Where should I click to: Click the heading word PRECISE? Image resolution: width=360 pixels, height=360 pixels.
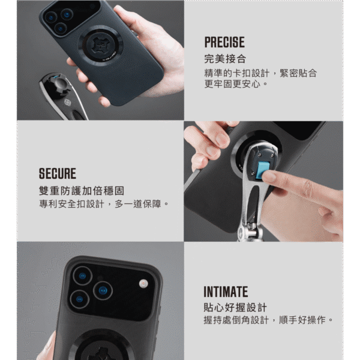[x=224, y=42]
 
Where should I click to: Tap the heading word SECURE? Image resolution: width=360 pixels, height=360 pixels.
[x=58, y=173]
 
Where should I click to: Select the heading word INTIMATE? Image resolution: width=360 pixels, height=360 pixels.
[x=226, y=292]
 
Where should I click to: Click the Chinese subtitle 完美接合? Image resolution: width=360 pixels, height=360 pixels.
[x=225, y=59]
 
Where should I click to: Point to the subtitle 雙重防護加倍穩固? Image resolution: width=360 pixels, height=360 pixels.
[x=82, y=191]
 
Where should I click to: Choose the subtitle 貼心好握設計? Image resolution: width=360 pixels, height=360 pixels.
[x=235, y=307]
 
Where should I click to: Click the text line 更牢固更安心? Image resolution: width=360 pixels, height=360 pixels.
[x=236, y=84]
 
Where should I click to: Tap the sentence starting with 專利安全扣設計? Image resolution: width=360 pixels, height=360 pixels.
[x=104, y=204]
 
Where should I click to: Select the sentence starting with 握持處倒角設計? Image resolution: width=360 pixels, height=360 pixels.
[x=268, y=320]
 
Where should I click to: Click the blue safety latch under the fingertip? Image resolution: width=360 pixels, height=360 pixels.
[x=263, y=171]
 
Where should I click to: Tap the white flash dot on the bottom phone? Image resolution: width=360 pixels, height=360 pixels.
[x=143, y=284]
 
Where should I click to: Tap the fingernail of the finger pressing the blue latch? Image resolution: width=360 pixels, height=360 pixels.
[x=269, y=177]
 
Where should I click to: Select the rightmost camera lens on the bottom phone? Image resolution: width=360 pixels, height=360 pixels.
[x=103, y=291]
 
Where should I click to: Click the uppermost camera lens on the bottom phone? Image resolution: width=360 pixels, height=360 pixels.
[x=82, y=276]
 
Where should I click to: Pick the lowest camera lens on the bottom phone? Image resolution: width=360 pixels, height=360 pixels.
[x=79, y=299]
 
